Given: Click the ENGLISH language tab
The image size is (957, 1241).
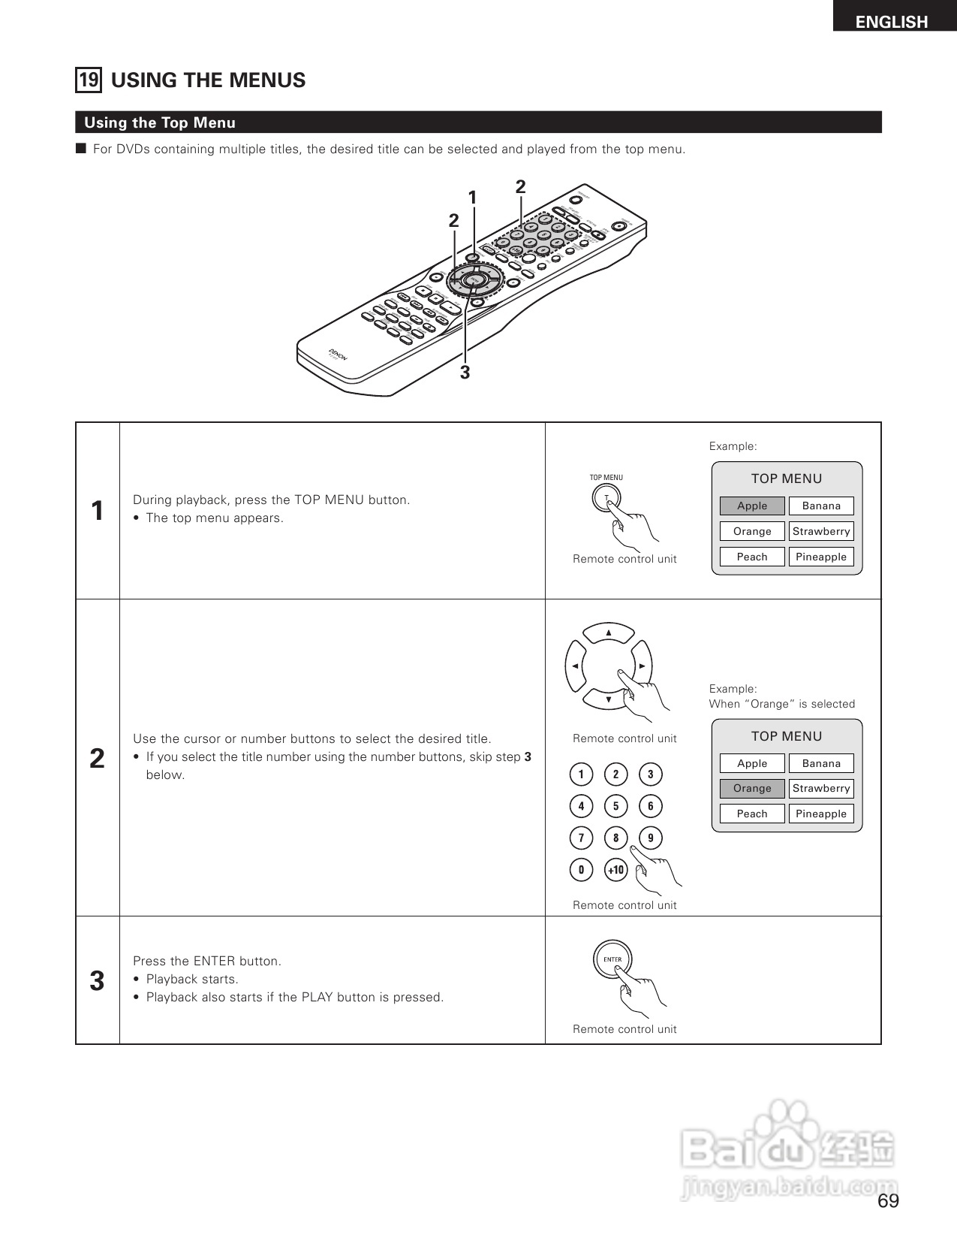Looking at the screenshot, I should tap(892, 21).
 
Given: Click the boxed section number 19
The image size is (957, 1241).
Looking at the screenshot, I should tap(89, 80).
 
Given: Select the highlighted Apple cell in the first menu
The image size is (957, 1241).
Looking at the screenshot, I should tap(752, 506).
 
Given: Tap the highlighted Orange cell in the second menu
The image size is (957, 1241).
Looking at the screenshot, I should tap(752, 788).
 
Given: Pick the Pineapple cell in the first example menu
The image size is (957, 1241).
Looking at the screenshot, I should tap(821, 557).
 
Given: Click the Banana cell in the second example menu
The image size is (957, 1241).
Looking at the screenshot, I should tap(821, 763).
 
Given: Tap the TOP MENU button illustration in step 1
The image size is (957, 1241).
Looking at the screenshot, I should tap(605, 498).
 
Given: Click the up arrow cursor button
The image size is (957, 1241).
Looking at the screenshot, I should tap(609, 633).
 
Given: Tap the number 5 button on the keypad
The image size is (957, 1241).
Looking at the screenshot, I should tap(615, 806).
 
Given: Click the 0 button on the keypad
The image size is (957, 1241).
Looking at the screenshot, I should tap(581, 870).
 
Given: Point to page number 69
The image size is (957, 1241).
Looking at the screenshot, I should tap(888, 1201).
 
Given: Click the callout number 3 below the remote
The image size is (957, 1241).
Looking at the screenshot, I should tap(465, 372).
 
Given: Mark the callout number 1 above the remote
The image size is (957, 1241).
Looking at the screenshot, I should tap(472, 198).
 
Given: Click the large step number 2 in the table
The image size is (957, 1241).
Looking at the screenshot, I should tap(97, 759).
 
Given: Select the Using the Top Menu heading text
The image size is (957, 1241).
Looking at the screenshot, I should tap(160, 122).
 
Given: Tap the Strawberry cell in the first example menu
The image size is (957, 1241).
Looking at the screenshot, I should tap(821, 531).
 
